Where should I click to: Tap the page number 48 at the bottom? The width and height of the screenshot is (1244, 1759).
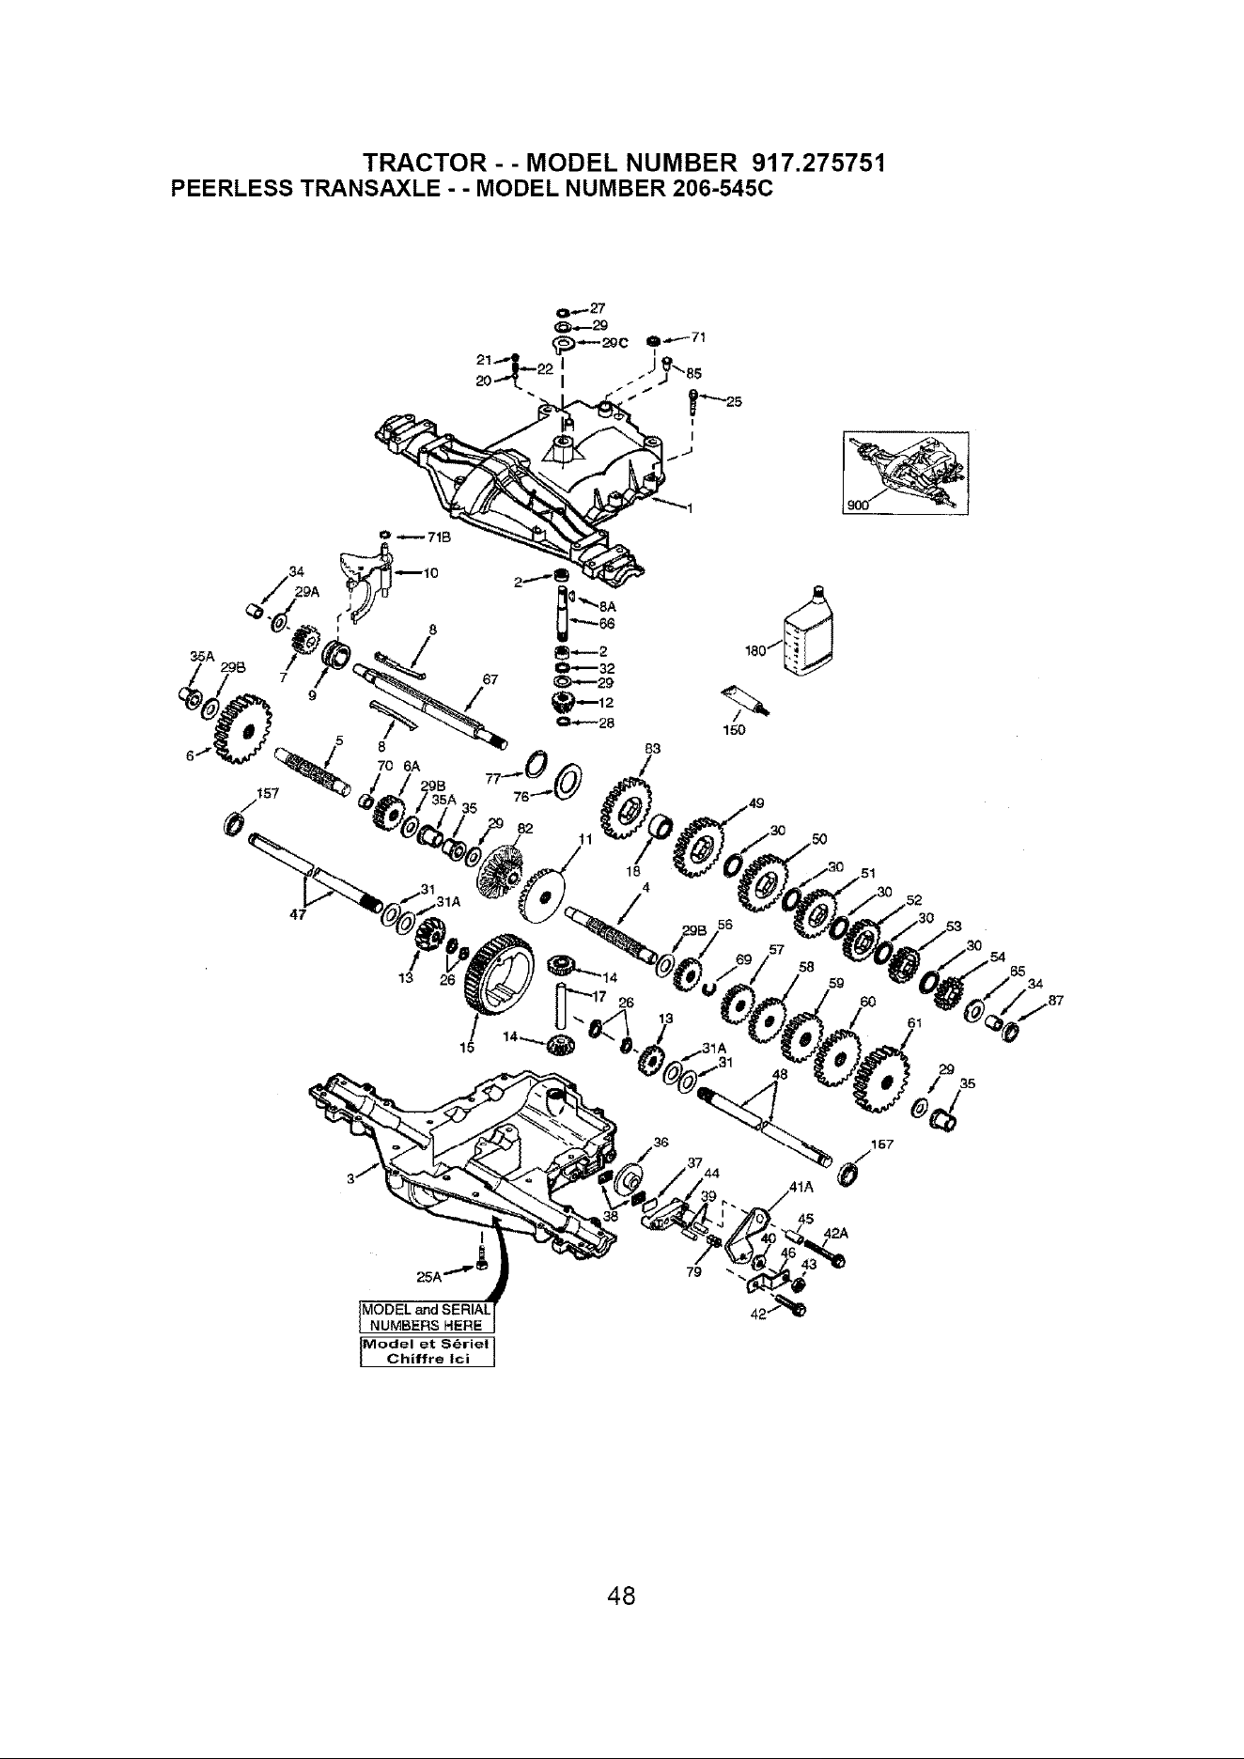(622, 1595)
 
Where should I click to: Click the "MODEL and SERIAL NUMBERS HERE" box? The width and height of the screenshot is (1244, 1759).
(428, 1318)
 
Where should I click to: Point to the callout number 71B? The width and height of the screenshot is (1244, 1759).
(438, 537)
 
